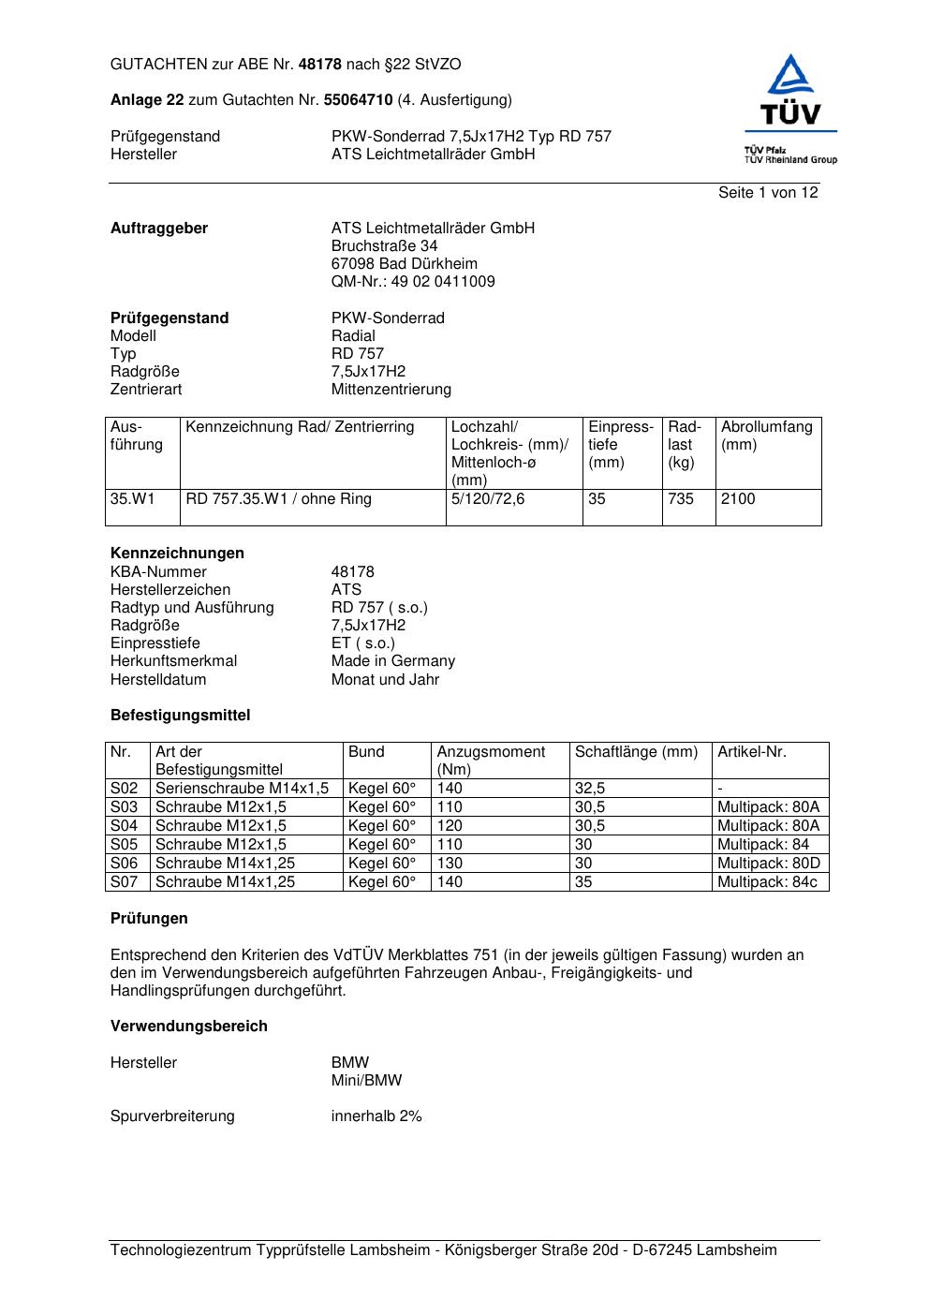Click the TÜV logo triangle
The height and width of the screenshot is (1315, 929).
pos(791,77)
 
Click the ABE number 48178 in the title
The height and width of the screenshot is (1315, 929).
pos(320,65)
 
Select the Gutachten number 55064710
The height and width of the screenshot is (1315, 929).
pos(358,99)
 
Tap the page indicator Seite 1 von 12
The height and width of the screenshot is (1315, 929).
pos(768,193)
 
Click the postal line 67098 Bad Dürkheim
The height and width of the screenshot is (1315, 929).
pos(404,264)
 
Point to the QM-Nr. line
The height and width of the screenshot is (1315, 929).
pos(413,282)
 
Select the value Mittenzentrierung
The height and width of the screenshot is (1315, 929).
pos(391,390)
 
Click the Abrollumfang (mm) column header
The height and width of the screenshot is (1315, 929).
pos(766,436)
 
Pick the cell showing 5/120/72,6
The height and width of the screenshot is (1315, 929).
pos(488,499)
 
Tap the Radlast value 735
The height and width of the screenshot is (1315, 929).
pos(681,499)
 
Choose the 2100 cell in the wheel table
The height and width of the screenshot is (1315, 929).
pos(738,499)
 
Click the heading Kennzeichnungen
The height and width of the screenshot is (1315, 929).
pos(177,554)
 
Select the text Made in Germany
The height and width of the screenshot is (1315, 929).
pos(392,661)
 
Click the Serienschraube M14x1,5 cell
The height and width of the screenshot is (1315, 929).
pos(242,789)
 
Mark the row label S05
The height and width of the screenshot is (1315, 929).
pos(125,845)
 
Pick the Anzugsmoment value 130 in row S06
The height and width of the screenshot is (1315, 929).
pos(450,864)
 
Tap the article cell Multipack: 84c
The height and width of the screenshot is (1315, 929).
pos(767,882)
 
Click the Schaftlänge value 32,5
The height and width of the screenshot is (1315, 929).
pos(590,789)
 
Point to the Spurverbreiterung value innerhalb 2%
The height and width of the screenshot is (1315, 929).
pos(376,1116)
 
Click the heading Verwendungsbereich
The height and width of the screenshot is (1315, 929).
pos(189,1027)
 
